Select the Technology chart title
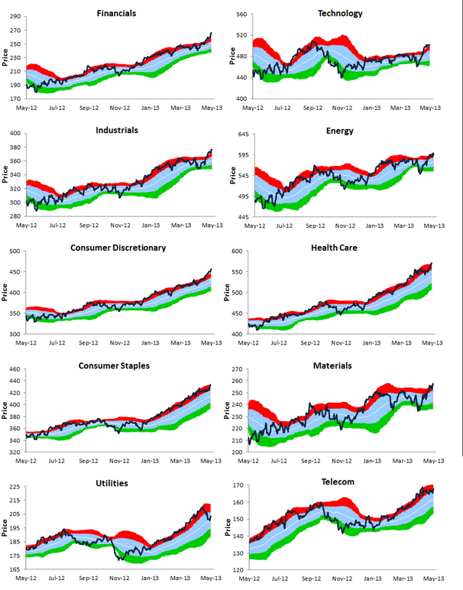point(340,13)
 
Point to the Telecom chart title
point(340,484)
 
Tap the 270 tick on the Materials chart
point(238,370)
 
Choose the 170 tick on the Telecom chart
point(238,485)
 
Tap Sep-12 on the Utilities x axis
point(89,579)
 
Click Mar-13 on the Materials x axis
point(403,461)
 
